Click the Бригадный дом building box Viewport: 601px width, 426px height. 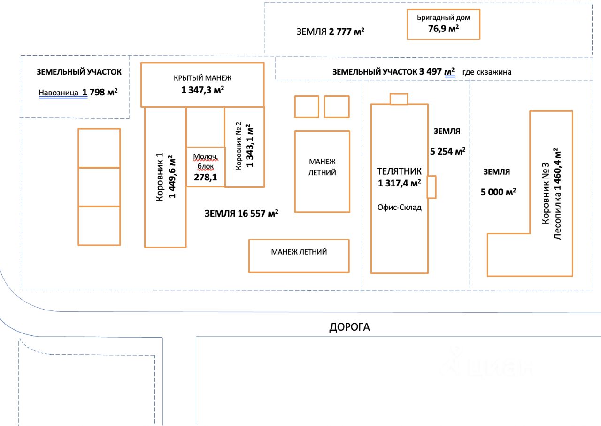coord(443,24)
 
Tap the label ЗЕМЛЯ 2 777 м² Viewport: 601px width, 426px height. coord(331,32)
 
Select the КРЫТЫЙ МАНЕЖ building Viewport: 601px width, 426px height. coord(202,85)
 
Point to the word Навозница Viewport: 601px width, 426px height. coord(58,93)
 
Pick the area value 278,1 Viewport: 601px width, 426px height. coord(206,178)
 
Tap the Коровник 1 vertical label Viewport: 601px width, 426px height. coord(160,177)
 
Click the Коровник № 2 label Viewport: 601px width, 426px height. coord(239,146)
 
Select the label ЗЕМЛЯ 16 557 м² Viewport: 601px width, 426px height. coord(241,214)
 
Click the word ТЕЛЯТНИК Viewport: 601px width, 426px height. coord(399,171)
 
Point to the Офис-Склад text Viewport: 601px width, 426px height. coord(399,207)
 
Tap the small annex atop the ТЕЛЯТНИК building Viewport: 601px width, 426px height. coord(399,99)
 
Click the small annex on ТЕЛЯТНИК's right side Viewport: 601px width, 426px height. coord(431,187)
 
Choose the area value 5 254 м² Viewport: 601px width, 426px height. coord(447,151)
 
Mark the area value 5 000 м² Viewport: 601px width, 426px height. coord(499,192)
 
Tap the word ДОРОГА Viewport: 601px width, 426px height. coord(349,327)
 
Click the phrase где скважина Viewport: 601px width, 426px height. coord(486,72)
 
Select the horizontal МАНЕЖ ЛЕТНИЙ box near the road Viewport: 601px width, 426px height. coord(299,256)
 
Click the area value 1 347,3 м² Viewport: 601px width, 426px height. coord(202,90)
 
